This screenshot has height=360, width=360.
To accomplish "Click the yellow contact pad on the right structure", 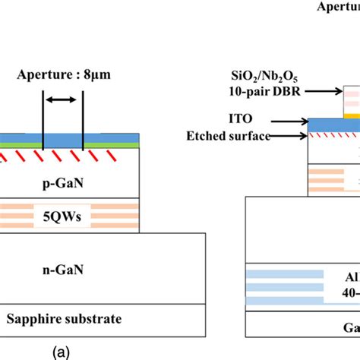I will [352, 116].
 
